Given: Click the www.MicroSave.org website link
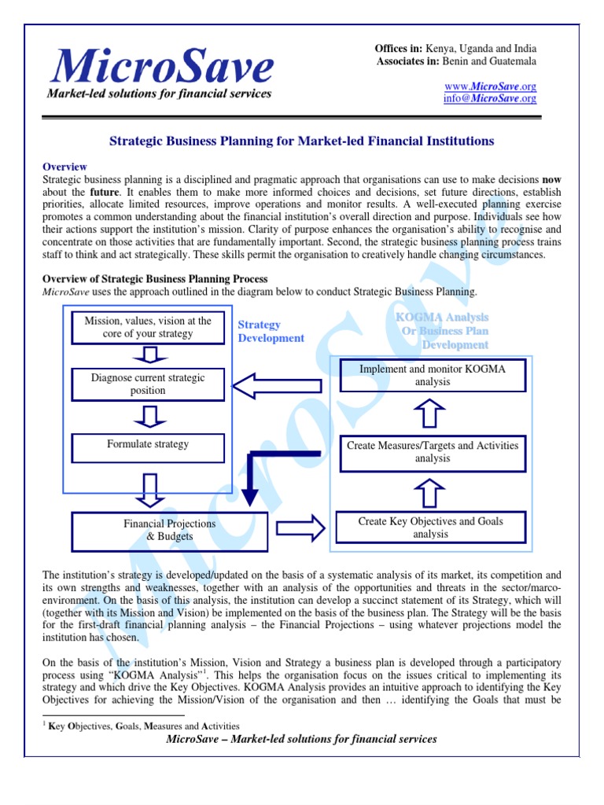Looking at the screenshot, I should point(491,86).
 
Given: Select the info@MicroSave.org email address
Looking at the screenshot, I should point(491,98).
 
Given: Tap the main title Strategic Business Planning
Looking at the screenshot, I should point(300,141).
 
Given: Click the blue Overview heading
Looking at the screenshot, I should point(64,167).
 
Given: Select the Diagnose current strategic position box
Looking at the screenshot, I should point(148,384).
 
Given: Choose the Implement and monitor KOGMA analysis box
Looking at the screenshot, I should point(432,375).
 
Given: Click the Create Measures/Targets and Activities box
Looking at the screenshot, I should point(432,451).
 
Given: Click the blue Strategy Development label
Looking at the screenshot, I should point(270,331).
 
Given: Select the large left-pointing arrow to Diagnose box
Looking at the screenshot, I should point(279,384).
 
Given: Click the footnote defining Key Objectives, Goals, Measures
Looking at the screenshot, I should point(143,726).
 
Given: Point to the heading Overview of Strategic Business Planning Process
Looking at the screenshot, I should point(155,279).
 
